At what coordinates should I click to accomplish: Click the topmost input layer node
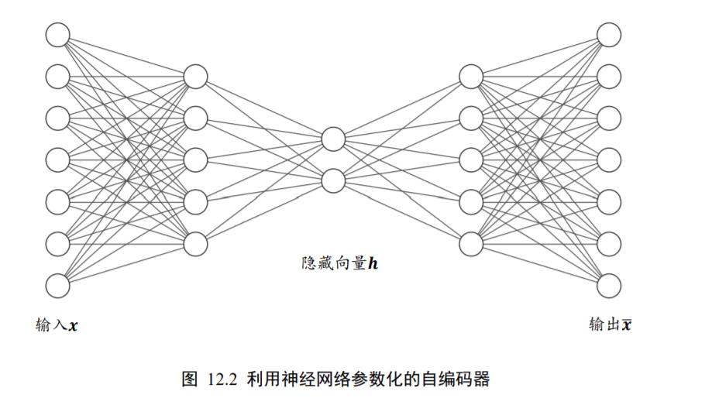(57, 35)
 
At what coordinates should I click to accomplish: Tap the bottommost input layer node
(57, 285)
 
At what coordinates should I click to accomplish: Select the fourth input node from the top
(57, 160)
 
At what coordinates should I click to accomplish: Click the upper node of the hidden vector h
(333, 139)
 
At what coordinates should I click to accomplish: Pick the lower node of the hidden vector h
(333, 180)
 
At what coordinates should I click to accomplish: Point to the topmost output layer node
(609, 35)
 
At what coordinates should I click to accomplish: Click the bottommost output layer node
(609, 285)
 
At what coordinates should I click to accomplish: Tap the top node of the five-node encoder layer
(195, 77)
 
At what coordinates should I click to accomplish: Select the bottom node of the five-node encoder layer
(195, 243)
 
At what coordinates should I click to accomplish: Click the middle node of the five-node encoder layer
(195, 160)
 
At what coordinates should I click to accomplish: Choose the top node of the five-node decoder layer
(471, 77)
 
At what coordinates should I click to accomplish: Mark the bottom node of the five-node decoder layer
(471, 243)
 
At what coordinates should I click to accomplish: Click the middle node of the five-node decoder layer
(471, 160)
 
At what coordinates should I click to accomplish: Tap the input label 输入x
(57, 325)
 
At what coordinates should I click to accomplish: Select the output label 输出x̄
(609, 324)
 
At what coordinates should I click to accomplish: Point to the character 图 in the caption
(190, 379)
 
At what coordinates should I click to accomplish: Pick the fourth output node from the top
(609, 160)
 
